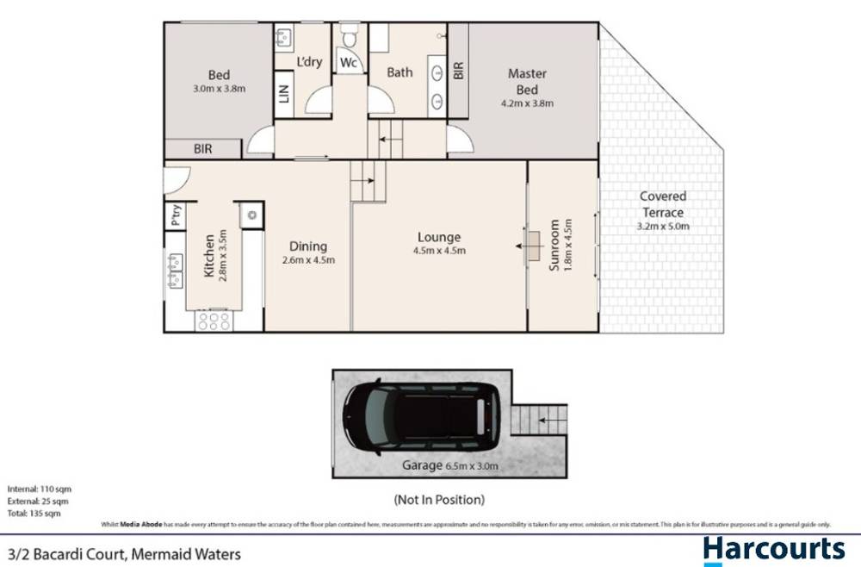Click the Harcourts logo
(x=773, y=550)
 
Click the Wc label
(x=348, y=64)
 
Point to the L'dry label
(x=309, y=63)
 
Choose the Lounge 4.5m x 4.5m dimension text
(x=439, y=252)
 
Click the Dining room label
(x=308, y=246)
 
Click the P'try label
(x=176, y=215)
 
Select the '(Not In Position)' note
(x=439, y=499)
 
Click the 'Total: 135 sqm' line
(x=34, y=513)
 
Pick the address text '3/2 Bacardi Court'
(x=69, y=555)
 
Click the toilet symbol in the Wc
(x=348, y=37)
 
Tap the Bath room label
(x=400, y=72)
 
